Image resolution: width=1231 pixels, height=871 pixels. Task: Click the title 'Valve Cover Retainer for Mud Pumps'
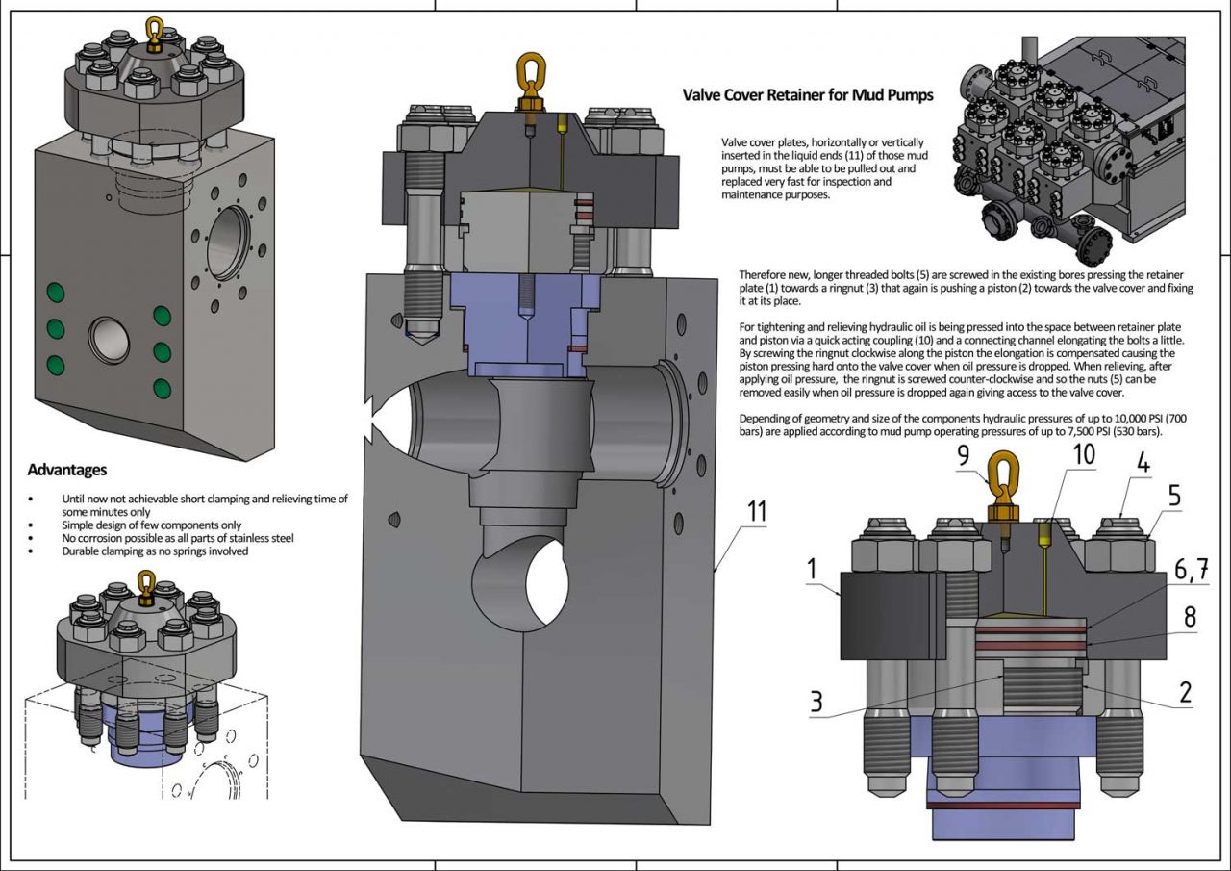pos(808,95)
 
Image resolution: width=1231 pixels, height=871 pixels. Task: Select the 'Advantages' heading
pos(67,470)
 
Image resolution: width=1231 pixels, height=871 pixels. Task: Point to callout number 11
pos(757,511)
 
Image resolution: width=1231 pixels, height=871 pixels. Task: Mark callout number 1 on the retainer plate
pos(814,569)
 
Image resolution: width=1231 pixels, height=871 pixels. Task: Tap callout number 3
pos(816,702)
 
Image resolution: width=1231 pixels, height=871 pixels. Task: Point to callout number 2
pos(1185,692)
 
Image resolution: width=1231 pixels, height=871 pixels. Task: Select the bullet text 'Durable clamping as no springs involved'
pos(155,551)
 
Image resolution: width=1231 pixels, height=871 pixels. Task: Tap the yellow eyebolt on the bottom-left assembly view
pos(146,582)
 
